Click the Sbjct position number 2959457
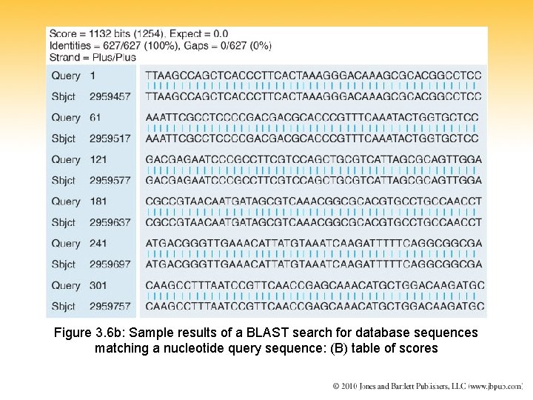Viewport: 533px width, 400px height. click(110, 96)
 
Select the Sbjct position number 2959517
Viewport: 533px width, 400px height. click(110, 139)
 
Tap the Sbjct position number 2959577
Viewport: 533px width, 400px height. click(110, 180)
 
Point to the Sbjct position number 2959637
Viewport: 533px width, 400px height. click(110, 222)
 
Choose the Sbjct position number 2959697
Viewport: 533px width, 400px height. click(110, 264)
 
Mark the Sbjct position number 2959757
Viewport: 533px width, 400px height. click(110, 306)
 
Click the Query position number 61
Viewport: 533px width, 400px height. click(95, 117)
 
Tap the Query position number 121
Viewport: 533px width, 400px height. click(98, 159)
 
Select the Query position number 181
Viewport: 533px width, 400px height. click(98, 201)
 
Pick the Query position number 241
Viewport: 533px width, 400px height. click(98, 243)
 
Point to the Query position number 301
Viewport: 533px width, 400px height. click(98, 285)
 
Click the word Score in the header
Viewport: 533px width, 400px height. click(63, 33)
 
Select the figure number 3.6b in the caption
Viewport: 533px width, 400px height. click(110, 333)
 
